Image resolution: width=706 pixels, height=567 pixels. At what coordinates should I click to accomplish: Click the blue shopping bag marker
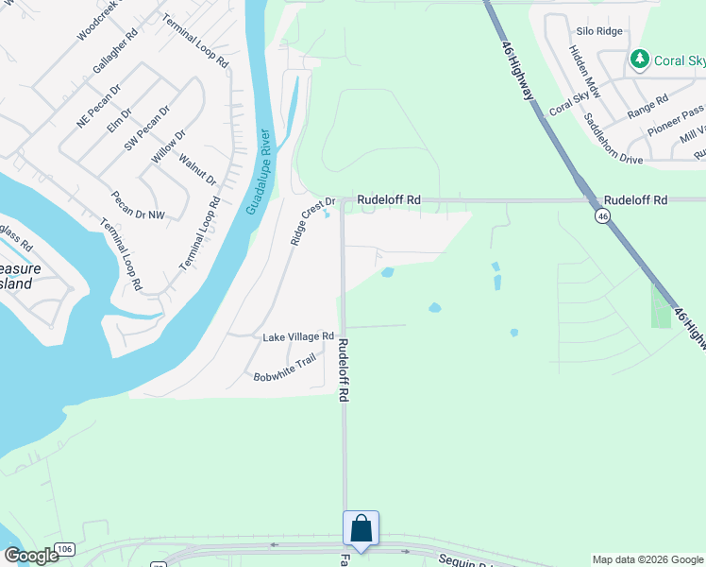[361, 527]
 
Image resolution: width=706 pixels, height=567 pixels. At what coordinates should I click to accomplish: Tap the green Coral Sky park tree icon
[640, 60]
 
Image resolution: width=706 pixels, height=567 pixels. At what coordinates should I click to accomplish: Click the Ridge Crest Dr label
[313, 221]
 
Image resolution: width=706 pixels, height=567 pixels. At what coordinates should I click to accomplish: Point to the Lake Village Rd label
[298, 336]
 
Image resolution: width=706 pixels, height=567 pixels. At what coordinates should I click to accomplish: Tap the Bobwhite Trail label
[284, 369]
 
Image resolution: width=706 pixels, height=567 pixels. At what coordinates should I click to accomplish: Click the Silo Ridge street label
[599, 31]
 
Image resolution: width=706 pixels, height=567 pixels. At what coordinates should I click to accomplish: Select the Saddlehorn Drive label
[613, 139]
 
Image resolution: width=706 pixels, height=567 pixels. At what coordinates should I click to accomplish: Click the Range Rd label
[647, 106]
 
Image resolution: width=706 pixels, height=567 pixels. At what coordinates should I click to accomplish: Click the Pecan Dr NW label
[137, 214]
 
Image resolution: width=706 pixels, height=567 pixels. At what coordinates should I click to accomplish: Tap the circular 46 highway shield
[601, 216]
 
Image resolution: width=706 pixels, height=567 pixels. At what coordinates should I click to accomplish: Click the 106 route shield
[64, 549]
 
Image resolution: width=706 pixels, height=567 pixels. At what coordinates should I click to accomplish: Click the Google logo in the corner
[31, 557]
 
